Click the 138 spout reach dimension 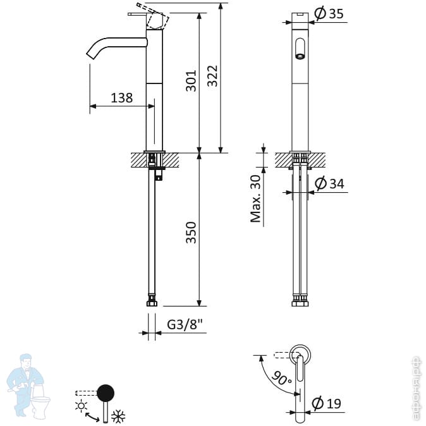coord(121,98)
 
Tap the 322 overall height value coord(212,77)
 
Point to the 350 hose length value coord(191,232)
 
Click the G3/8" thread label coord(185,325)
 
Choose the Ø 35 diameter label coord(329,13)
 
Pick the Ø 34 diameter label coord(329,183)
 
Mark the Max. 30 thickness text coord(255,199)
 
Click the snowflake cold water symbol coord(118,416)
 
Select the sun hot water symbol coord(80,406)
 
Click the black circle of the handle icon coord(105,393)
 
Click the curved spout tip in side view coord(89,54)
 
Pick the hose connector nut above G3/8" coord(152,301)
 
